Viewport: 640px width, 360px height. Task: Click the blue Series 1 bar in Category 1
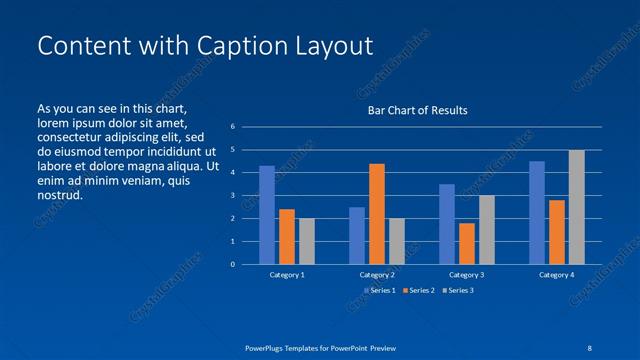(x=267, y=215)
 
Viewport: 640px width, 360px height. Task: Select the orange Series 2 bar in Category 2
(x=377, y=214)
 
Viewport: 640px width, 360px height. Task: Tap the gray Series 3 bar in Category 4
(x=577, y=207)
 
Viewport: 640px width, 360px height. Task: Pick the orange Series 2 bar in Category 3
(x=467, y=243)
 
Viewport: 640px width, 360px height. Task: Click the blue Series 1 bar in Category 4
(x=537, y=213)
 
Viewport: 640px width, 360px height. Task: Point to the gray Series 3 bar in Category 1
(x=307, y=241)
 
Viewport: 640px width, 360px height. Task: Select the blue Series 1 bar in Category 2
(x=357, y=235)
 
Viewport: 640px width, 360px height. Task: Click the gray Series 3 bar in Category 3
(x=487, y=230)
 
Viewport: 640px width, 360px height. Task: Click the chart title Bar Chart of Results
(x=418, y=110)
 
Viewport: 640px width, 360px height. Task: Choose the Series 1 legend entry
(x=379, y=290)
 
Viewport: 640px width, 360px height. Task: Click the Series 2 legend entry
(x=419, y=290)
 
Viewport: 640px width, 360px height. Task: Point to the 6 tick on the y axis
(x=232, y=127)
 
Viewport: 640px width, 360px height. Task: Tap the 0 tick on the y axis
(x=232, y=265)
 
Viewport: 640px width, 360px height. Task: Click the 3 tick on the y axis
(x=232, y=196)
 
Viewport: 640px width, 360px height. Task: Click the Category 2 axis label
(x=377, y=275)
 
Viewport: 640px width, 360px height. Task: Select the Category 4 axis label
(x=557, y=275)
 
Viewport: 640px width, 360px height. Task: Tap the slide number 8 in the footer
(x=590, y=347)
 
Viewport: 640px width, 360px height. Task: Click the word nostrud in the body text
(x=59, y=195)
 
